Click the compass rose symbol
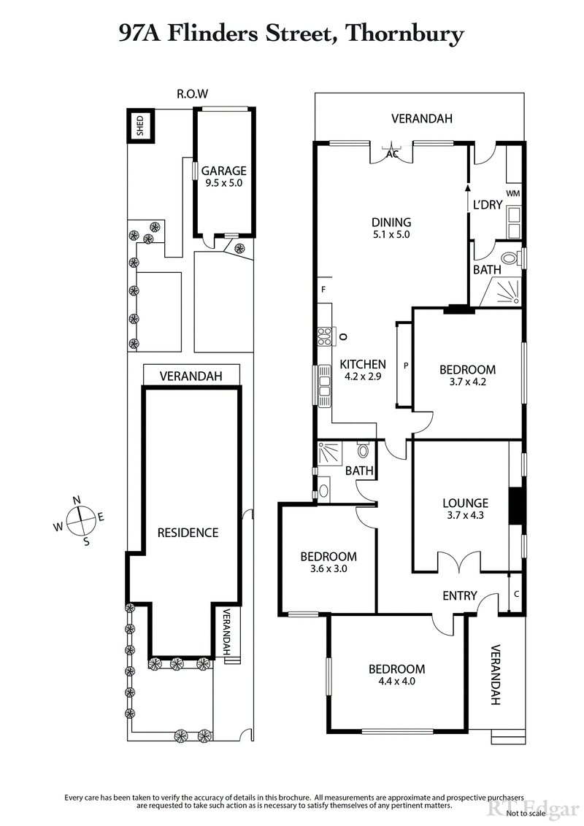[x=81, y=520]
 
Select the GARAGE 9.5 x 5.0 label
[x=224, y=177]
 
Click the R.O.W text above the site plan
[x=192, y=93]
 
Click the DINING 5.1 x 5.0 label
[x=391, y=228]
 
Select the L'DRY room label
[x=488, y=205]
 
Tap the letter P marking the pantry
[x=404, y=364]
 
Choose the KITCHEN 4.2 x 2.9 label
[x=363, y=371]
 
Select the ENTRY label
[x=460, y=596]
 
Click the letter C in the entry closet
[x=516, y=593]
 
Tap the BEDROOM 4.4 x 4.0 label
[x=396, y=676]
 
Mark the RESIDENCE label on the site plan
[x=188, y=533]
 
